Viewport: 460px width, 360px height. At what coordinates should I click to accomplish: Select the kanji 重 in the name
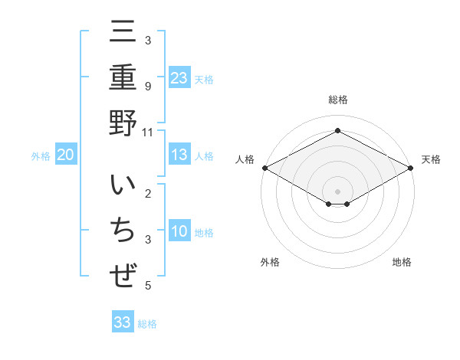pos(123,77)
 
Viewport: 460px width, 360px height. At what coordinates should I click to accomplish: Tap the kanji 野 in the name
pos(123,122)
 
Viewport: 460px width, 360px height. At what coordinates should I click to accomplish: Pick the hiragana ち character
pos(123,232)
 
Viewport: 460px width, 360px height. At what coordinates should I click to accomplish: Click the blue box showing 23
pos(179,77)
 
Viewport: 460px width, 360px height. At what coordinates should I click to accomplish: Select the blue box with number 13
pos(179,155)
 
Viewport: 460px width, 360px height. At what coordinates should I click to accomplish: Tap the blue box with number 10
pos(179,232)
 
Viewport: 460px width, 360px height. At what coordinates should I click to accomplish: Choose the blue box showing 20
pos(66,155)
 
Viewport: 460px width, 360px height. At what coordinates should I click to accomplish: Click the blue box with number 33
pos(123,322)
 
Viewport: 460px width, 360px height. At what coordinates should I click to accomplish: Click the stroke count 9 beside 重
pos(148,86)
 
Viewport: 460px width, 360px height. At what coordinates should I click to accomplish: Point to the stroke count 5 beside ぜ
pos(148,286)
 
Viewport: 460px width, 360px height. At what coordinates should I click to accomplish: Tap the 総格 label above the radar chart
pos(337,100)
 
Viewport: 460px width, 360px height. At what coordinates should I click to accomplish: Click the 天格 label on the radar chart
pos(431,159)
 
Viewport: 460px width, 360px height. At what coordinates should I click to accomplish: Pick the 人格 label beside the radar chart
pos(245,159)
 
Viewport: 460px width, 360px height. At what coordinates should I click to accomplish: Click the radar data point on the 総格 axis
pos(337,131)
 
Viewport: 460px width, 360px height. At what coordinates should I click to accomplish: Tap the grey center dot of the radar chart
pos(337,191)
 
